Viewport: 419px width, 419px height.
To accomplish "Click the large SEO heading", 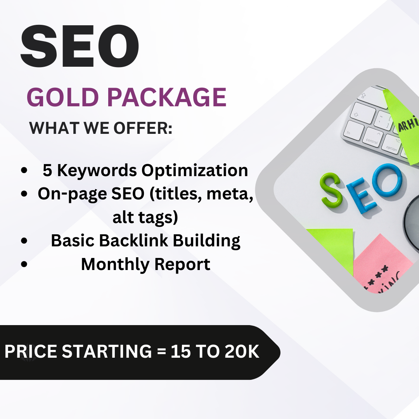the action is coord(80,46).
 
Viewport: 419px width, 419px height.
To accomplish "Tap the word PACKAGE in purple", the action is coord(167,97).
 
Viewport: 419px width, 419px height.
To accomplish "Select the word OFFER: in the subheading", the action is coord(143,128).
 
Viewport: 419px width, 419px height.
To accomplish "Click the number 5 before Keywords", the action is coord(47,170).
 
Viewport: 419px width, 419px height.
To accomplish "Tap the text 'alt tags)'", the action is coord(145,217).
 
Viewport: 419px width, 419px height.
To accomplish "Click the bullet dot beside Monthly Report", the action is coord(24,264).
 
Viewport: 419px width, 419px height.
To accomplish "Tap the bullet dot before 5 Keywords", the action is coord(24,170).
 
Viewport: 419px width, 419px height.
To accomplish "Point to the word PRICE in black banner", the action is coord(31,351).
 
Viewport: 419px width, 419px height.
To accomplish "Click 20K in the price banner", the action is coord(242,351).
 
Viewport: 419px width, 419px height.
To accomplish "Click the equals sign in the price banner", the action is coord(161,351).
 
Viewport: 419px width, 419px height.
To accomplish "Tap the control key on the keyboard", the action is coord(372,137).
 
